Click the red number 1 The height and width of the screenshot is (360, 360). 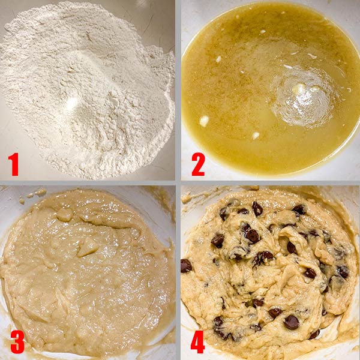(13, 164)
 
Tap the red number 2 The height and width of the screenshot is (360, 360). (198, 164)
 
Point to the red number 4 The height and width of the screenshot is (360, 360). (197, 342)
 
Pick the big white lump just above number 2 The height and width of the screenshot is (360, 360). (204, 121)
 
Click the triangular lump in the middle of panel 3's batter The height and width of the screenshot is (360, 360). (87, 247)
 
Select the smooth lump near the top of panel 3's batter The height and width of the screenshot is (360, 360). (65, 215)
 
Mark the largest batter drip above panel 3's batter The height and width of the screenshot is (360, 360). (41, 193)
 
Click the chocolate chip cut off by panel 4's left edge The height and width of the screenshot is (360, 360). (186, 266)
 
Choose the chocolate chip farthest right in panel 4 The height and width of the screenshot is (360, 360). (343, 271)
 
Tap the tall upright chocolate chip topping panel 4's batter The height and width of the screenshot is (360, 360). (257, 208)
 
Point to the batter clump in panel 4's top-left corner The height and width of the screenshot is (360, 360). (187, 199)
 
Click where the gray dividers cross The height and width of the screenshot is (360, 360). (178, 183)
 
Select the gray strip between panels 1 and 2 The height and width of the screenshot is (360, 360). (178, 90)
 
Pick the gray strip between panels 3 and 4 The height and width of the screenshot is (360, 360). (178, 273)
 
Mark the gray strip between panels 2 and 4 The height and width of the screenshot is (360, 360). (271, 183)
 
